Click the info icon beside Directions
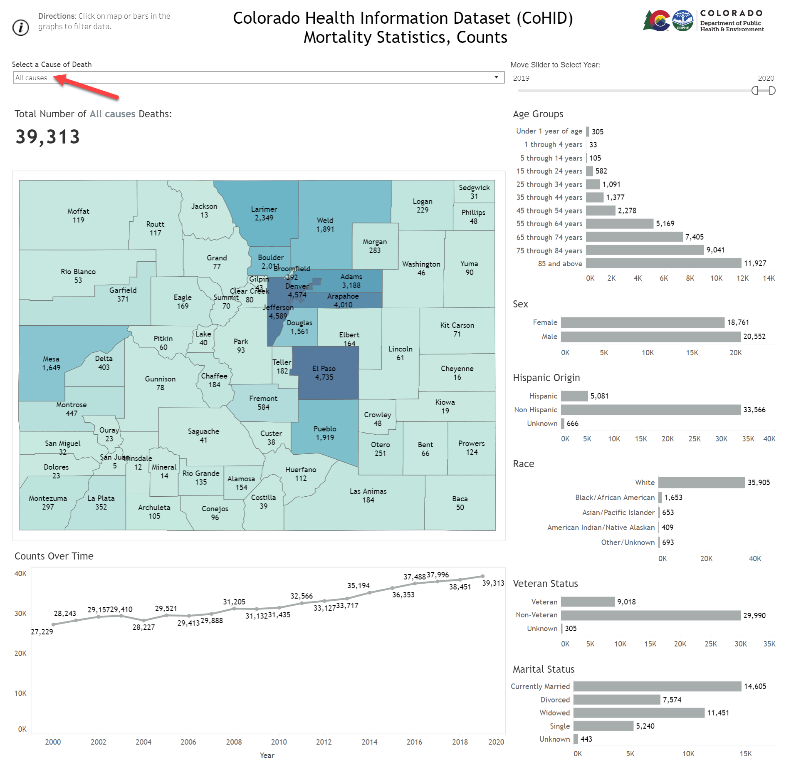tap(20, 27)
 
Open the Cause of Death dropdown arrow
tap(496, 77)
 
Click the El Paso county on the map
tap(324, 373)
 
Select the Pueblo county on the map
tap(325, 433)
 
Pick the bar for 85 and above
tap(663, 263)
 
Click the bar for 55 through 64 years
tap(619, 224)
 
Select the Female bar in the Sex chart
tap(642, 322)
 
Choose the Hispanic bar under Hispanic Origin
tap(574, 396)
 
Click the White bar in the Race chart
tap(701, 483)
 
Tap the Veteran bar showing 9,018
tap(587, 602)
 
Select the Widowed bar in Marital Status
tap(638, 713)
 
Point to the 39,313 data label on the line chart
tap(493, 583)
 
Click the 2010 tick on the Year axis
tap(279, 742)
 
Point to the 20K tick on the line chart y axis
tap(20, 654)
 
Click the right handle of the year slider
tap(772, 91)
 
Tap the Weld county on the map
tap(325, 225)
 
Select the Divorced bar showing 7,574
tap(616, 700)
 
